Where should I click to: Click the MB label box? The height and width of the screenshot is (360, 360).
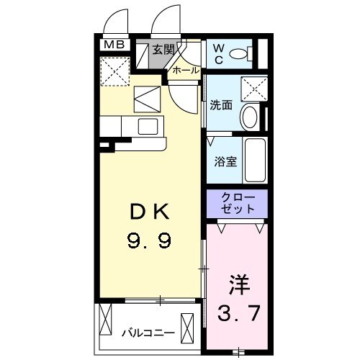tap(114, 45)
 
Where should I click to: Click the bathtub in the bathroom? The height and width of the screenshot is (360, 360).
tap(256, 160)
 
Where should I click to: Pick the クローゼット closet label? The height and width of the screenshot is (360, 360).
tap(237, 203)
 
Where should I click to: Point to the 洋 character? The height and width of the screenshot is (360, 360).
tap(240, 284)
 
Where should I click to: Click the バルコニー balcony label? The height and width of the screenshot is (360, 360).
tap(148, 333)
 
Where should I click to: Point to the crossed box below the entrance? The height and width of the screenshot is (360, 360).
tap(148, 98)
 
